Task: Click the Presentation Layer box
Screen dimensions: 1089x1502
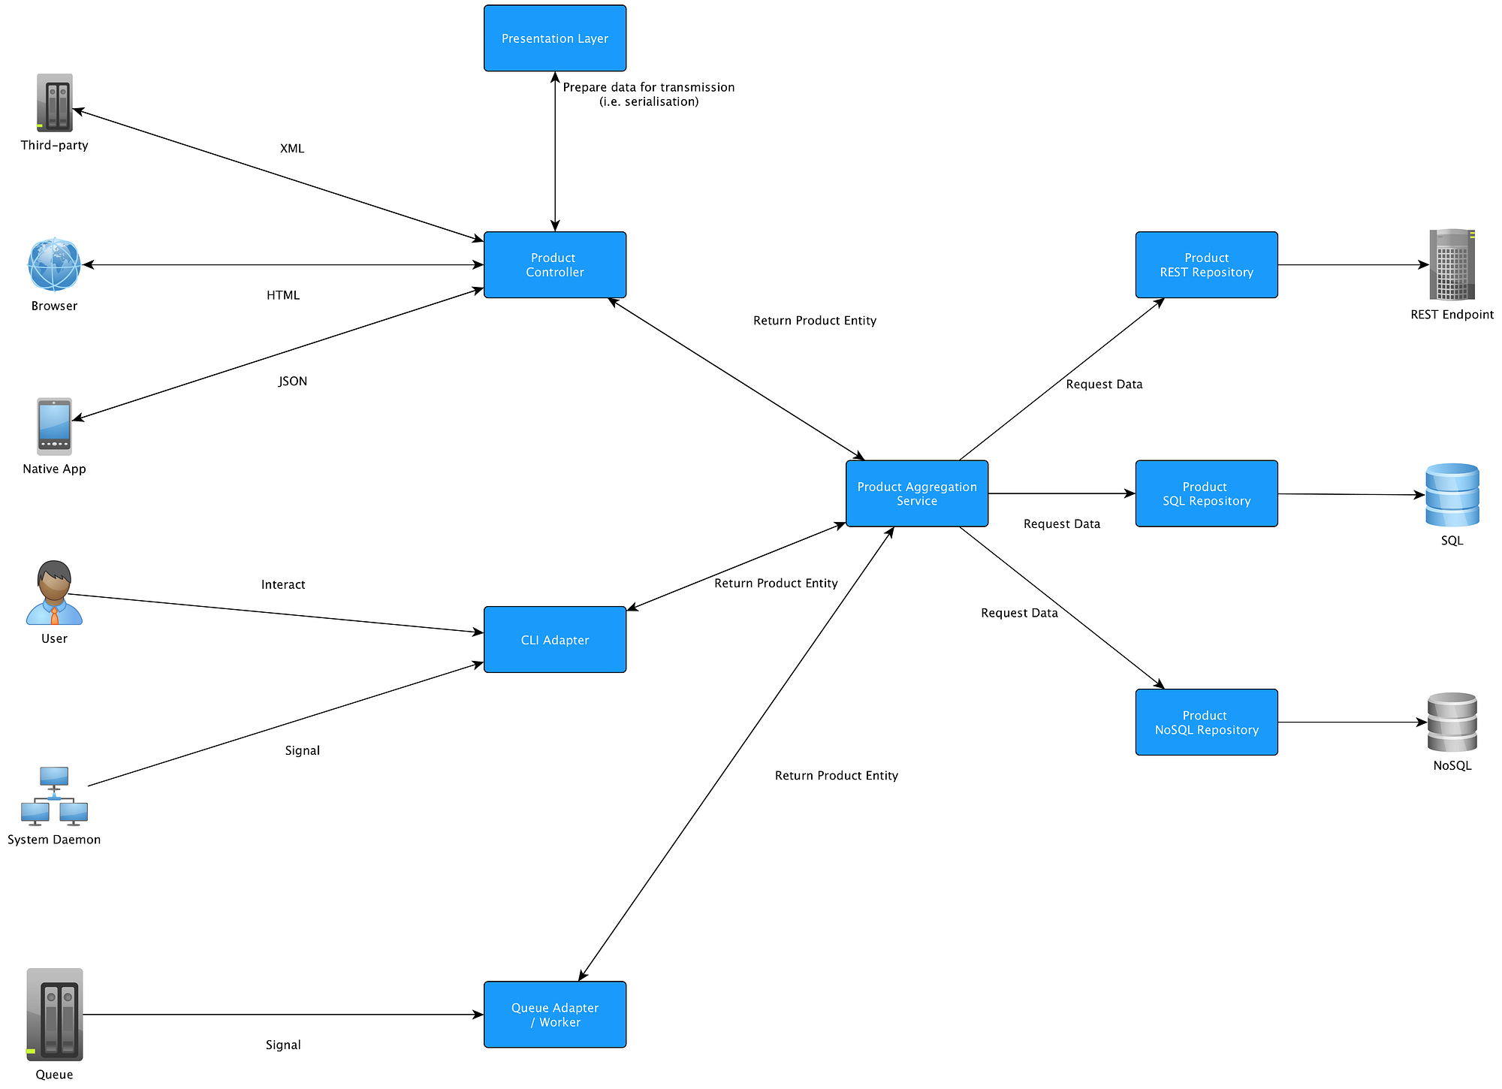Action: point(555,38)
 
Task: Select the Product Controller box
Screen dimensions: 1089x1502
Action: point(555,264)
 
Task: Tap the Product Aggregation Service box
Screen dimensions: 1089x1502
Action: point(916,493)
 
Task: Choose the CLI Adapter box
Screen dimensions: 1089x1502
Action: point(555,639)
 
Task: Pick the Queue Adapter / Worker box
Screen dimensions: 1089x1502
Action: point(555,1014)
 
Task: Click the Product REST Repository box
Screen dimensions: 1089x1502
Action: point(1206,264)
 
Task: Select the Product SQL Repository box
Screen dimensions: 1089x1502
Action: point(1206,493)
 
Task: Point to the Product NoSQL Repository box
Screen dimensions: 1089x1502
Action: point(1206,722)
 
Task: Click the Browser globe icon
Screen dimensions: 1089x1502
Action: point(54,264)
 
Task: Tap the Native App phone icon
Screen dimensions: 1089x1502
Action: point(54,426)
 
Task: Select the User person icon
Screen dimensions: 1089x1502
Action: point(54,593)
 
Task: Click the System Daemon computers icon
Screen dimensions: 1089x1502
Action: point(54,796)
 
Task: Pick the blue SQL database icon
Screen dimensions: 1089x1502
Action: point(1452,495)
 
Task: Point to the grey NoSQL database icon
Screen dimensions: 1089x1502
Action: point(1452,722)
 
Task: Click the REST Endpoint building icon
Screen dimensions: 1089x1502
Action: point(1452,264)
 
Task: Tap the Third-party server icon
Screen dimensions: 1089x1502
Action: point(54,103)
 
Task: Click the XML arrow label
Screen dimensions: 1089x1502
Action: point(292,149)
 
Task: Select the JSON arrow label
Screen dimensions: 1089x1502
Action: point(293,381)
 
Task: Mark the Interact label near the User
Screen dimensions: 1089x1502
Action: point(283,584)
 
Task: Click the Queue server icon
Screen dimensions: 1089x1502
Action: point(54,1014)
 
